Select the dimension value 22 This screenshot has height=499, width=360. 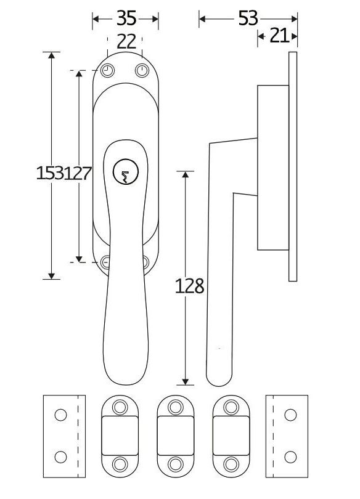click(x=126, y=42)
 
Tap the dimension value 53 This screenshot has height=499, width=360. click(x=248, y=19)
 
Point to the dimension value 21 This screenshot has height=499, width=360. click(x=279, y=36)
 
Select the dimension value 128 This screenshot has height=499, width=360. click(x=189, y=286)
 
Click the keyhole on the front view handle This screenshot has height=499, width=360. click(x=126, y=173)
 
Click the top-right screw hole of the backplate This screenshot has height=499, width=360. click(x=142, y=70)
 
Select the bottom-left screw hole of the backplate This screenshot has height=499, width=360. click(x=106, y=262)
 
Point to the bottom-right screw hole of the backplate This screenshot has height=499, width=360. click(x=145, y=262)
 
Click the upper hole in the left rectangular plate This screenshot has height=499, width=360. click(x=60, y=415)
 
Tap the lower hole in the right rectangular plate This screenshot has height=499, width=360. click(x=287, y=456)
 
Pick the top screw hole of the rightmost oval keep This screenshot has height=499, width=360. click(x=231, y=407)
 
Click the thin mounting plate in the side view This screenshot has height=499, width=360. click(x=293, y=166)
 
